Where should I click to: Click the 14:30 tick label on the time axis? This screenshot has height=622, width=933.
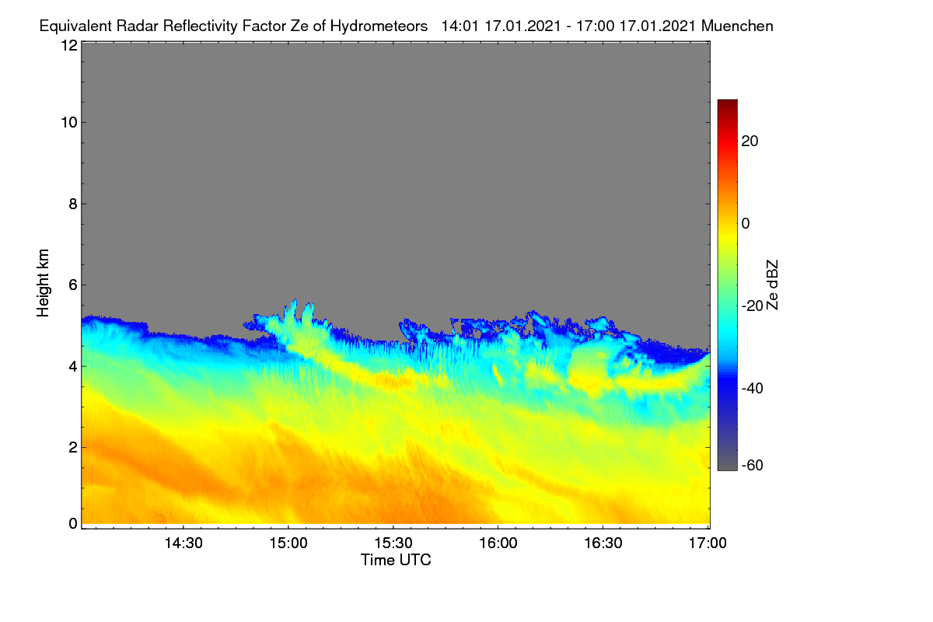click(183, 543)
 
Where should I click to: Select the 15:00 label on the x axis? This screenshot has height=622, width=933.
click(288, 543)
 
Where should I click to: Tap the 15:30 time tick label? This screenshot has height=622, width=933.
click(393, 543)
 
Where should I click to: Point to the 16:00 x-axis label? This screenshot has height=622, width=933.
click(498, 543)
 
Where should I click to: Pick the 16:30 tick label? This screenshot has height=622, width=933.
click(603, 543)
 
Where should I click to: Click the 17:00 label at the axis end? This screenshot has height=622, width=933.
click(708, 543)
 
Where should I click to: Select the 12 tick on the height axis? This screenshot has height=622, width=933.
click(69, 45)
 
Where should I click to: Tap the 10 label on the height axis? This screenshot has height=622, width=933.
click(69, 123)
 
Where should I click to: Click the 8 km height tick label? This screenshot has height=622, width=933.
click(73, 204)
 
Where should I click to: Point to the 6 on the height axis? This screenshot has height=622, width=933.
click(73, 285)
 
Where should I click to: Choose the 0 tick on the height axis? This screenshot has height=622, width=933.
click(73, 524)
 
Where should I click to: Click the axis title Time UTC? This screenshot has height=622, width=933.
click(396, 560)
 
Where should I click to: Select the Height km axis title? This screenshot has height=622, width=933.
click(43, 283)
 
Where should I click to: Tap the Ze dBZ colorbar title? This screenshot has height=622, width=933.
click(772, 285)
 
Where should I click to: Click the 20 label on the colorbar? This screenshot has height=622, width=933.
click(750, 142)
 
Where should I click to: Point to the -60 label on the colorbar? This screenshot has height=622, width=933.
click(753, 466)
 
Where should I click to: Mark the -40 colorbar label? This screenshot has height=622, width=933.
click(753, 388)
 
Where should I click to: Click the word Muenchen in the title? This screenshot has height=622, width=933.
click(737, 26)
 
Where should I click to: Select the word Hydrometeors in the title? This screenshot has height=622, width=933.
click(379, 26)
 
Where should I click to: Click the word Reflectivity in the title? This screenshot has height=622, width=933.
click(201, 26)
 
